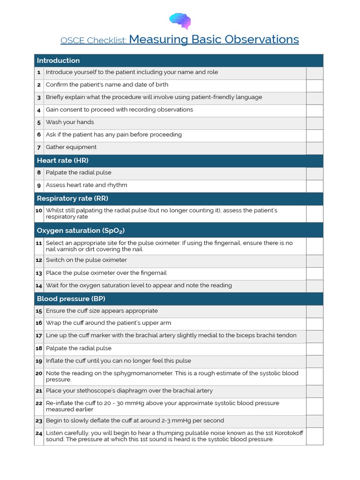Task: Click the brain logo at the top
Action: (x=180, y=21)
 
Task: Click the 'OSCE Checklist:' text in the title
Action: (x=93, y=41)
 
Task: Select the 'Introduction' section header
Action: (x=58, y=60)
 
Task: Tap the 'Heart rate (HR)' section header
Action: (x=62, y=160)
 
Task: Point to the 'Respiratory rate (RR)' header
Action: (x=72, y=198)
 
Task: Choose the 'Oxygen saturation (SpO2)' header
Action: (x=80, y=231)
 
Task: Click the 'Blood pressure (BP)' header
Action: (x=67, y=299)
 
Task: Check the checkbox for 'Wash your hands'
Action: (x=315, y=123)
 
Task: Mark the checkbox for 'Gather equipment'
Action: (x=315, y=148)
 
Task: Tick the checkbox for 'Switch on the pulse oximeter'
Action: (x=315, y=261)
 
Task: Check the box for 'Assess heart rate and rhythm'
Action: (x=315, y=186)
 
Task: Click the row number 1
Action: (x=39, y=73)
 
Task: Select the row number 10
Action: (x=39, y=211)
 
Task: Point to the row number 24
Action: (x=39, y=434)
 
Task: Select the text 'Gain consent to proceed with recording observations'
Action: (x=119, y=110)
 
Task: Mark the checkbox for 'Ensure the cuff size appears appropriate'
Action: (x=315, y=311)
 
